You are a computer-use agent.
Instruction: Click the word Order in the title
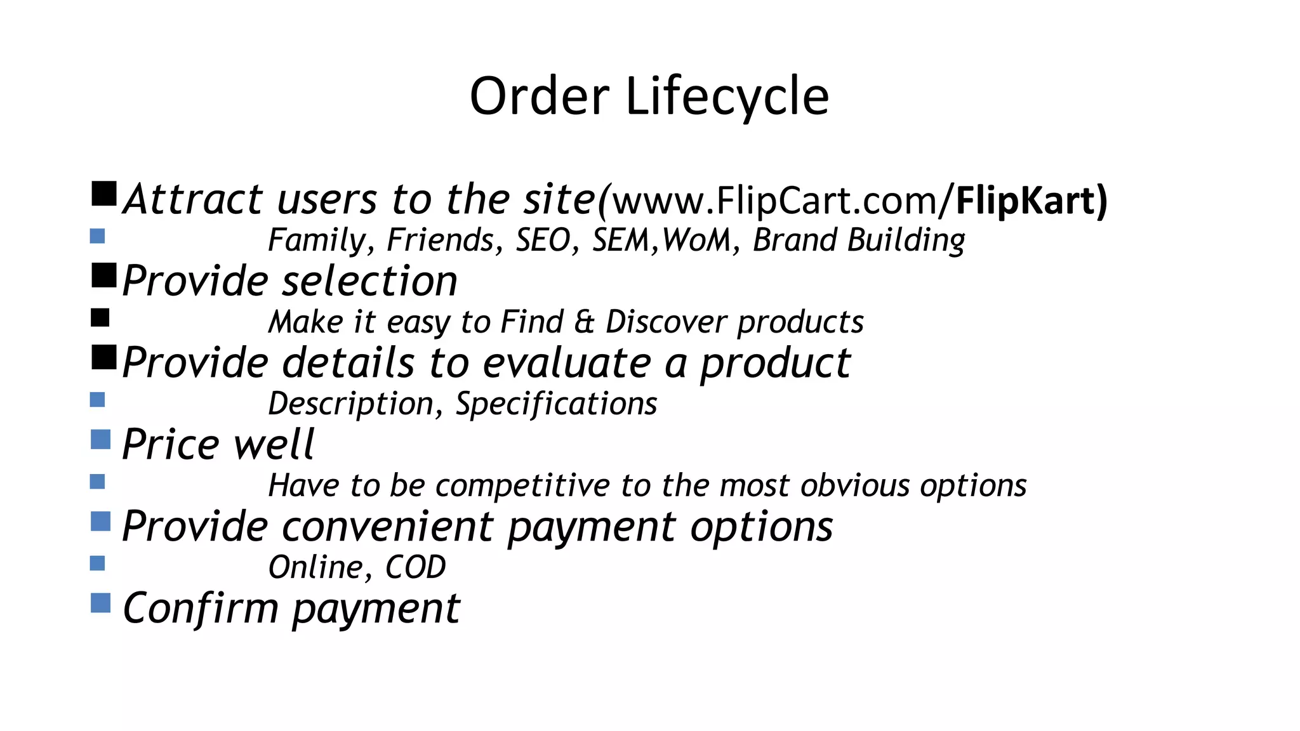540,96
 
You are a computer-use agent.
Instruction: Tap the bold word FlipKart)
1031,201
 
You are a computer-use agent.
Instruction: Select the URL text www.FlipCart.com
774,201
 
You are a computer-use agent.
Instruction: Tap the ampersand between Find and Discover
584,322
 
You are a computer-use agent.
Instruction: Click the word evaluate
567,363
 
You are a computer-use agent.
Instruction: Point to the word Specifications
556,404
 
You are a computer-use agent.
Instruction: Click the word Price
171,444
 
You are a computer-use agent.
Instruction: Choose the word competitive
522,485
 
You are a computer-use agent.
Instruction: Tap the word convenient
387,527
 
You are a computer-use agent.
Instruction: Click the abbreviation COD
415,567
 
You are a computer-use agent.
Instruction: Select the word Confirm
201,608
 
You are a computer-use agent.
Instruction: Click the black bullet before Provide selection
103,275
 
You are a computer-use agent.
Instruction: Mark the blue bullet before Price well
100,439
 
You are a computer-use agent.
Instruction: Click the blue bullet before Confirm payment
100,603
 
